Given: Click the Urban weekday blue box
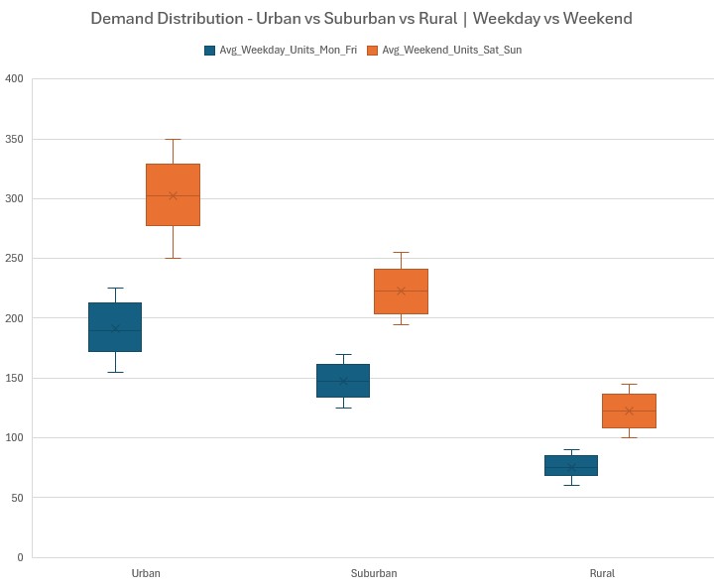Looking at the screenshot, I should pos(115,327).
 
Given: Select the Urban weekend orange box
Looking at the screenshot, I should pos(173,194).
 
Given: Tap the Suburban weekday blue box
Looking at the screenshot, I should pos(343,381).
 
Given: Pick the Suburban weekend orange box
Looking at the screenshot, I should pos(401,292).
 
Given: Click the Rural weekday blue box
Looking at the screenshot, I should pos(571,465).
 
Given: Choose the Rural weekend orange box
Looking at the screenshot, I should pos(629,411).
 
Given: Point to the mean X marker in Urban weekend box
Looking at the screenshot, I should pos(173,196).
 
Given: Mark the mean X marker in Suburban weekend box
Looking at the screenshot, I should pos(401,291).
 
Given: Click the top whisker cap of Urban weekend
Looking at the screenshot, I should pos(173,140).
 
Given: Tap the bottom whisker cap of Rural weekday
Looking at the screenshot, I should pos(571,485).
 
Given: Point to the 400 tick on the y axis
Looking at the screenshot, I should pos(14,79).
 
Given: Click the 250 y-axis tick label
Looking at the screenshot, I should pos(14,259).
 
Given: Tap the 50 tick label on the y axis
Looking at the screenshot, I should pos(17,498).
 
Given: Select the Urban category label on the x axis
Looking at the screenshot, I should pos(145,573).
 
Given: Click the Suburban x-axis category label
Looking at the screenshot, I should pos(373,573).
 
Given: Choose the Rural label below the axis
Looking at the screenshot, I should pos(601,573).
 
